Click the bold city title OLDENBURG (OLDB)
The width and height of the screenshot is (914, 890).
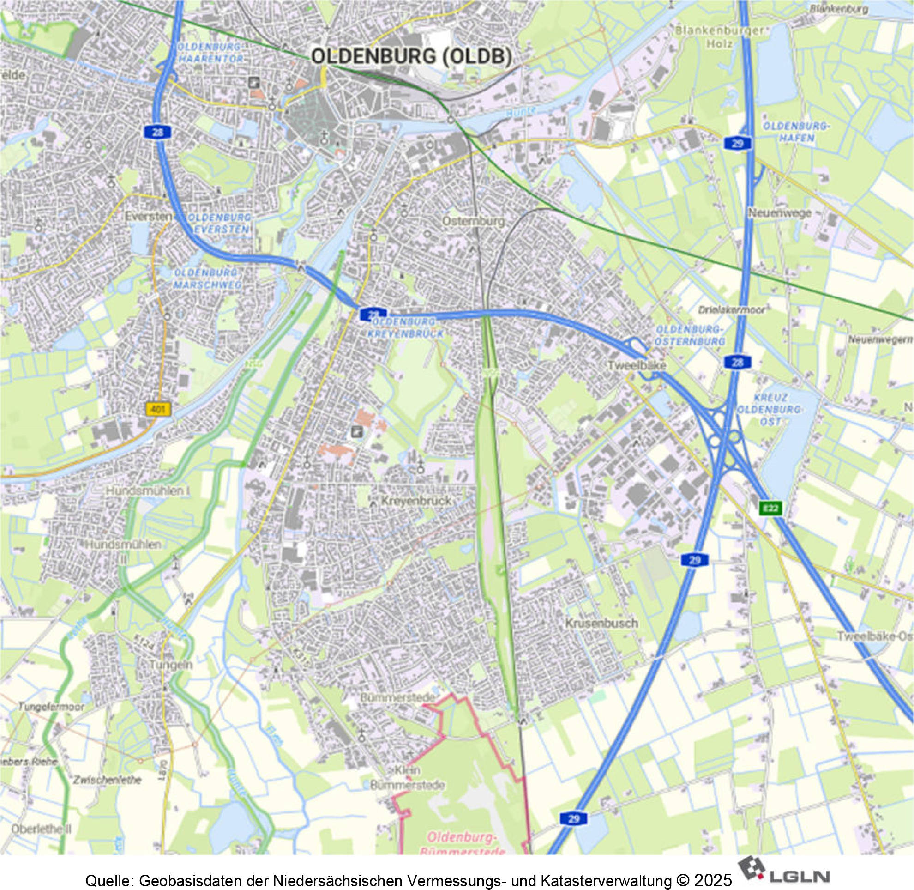(x=411, y=56)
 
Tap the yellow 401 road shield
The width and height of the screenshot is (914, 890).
(x=159, y=410)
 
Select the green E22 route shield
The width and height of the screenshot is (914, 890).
(x=770, y=508)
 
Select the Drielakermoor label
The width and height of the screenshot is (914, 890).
(x=731, y=310)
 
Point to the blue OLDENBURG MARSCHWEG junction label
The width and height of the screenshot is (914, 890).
(x=207, y=279)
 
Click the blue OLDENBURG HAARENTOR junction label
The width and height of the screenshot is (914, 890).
(x=211, y=53)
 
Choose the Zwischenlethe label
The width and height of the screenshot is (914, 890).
(x=107, y=780)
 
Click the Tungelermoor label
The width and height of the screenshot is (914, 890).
(x=51, y=706)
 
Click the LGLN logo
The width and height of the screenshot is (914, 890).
(x=783, y=869)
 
